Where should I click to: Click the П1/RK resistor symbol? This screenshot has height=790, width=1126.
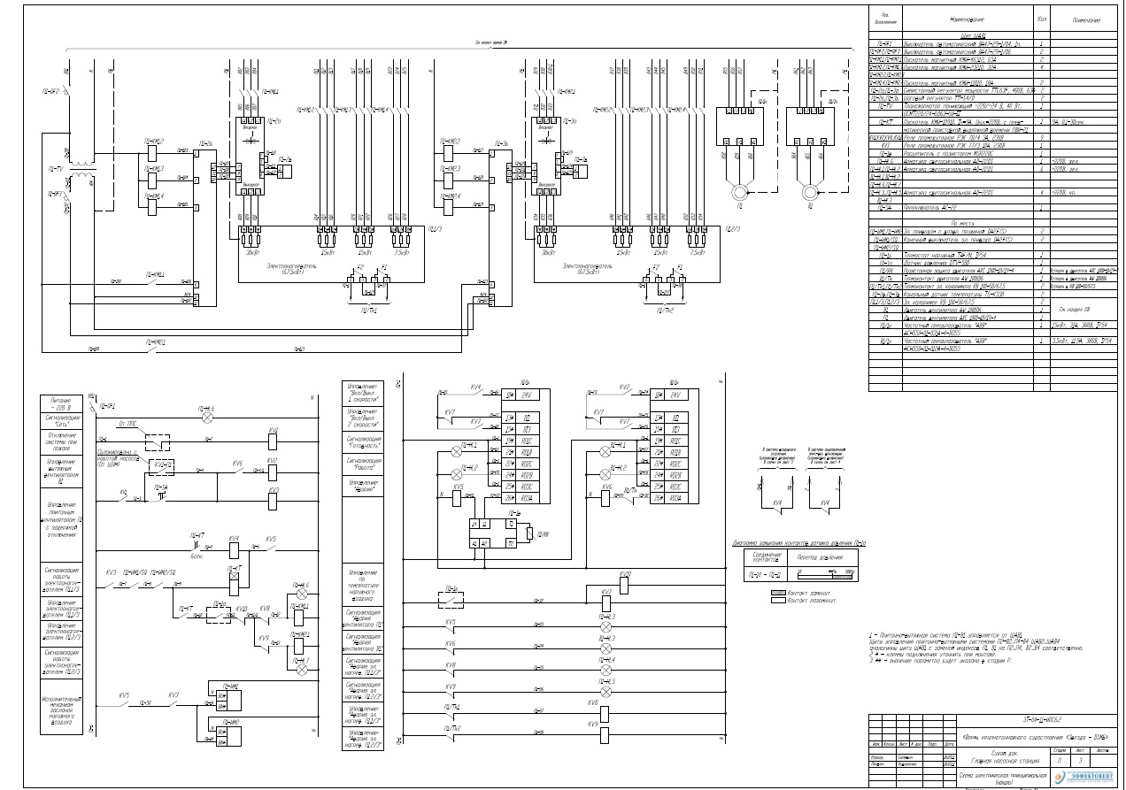coord(530,534)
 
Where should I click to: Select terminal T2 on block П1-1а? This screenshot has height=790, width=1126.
coord(512,541)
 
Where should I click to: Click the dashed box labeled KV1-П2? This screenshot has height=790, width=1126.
coord(163,465)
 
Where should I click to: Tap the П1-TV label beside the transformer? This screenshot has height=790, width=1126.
coord(55,167)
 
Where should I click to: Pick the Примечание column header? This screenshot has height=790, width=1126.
coord(1085,19)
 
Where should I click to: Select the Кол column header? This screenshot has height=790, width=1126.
coord(1042,18)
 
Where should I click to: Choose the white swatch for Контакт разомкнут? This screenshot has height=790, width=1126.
coord(767,601)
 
